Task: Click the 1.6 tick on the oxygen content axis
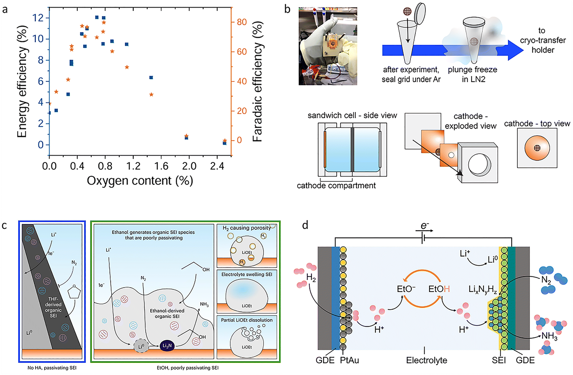click(161, 166)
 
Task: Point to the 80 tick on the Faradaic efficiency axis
click(242, 22)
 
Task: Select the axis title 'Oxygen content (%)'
click(140, 181)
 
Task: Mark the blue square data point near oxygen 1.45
click(151, 78)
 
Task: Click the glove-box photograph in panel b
click(328, 46)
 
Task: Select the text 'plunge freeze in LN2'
click(472, 74)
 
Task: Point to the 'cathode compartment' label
click(336, 186)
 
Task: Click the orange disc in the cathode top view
click(537, 148)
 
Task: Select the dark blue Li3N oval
click(167, 346)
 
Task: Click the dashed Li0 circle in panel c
click(141, 346)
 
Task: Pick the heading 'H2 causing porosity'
click(246, 228)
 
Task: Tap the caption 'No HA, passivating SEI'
click(52, 368)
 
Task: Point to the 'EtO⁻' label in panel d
click(406, 289)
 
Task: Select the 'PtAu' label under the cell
click(349, 360)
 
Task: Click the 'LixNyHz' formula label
click(483, 289)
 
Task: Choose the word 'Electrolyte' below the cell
click(426, 360)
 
